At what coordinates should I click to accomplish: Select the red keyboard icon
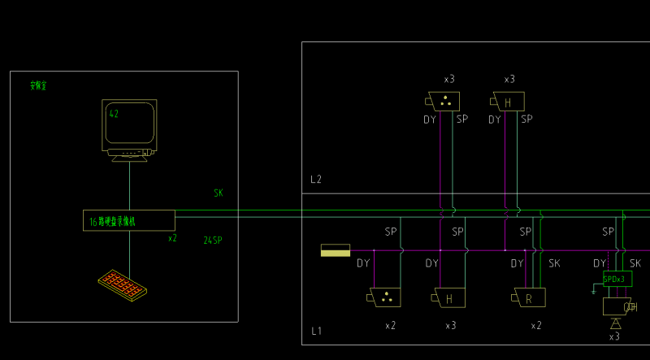click(x=123, y=285)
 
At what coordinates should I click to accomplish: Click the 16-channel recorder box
click(x=129, y=220)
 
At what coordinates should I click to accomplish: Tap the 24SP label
click(x=213, y=241)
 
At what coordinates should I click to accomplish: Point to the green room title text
click(x=38, y=85)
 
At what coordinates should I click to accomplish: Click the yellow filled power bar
click(x=336, y=250)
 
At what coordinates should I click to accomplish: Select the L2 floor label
click(x=316, y=180)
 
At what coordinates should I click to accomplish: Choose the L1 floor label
click(x=316, y=332)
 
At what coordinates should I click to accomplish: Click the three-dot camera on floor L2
click(x=444, y=102)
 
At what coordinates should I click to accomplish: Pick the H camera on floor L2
click(x=509, y=102)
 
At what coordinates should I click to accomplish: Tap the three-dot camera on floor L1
click(x=385, y=297)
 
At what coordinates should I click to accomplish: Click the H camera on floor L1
click(x=450, y=298)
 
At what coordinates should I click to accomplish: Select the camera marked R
click(x=530, y=298)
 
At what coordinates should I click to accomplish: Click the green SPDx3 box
click(x=616, y=280)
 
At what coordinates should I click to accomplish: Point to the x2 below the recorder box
click(x=172, y=239)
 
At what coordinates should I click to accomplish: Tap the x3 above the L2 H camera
click(x=509, y=80)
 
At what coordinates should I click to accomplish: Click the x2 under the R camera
click(x=536, y=325)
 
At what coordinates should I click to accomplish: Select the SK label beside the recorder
click(x=219, y=193)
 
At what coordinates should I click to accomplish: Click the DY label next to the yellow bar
click(x=363, y=263)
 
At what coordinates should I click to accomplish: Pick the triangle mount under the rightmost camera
click(x=615, y=323)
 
